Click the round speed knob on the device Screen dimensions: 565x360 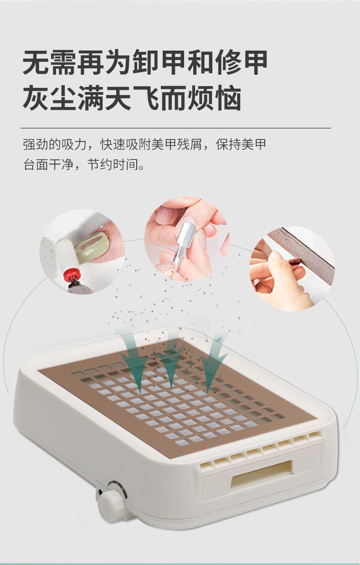tap(112, 504)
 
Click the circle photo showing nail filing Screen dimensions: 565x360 tap(292, 269)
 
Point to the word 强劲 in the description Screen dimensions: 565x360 tap(35, 145)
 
